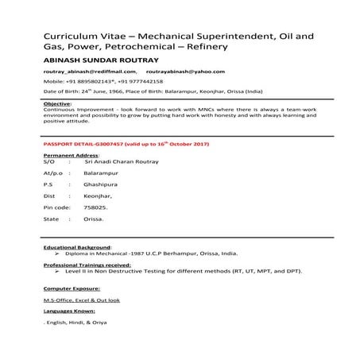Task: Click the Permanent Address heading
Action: click(x=70, y=155)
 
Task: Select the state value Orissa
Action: click(x=93, y=219)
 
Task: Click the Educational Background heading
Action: click(x=79, y=247)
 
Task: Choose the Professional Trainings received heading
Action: click(x=87, y=265)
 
